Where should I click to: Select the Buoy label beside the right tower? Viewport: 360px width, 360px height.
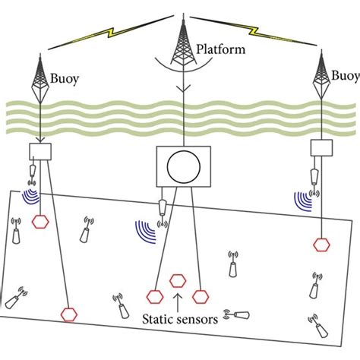tap(346, 77)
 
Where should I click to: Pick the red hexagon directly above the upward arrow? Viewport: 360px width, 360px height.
tap(178, 280)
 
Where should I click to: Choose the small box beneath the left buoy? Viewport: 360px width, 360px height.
tap(39, 152)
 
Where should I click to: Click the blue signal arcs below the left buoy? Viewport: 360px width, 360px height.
tap(30, 198)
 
